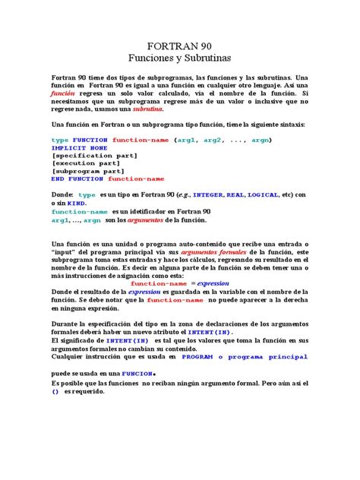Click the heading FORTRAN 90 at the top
[x=180, y=45]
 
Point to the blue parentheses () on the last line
[x=55, y=392]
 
